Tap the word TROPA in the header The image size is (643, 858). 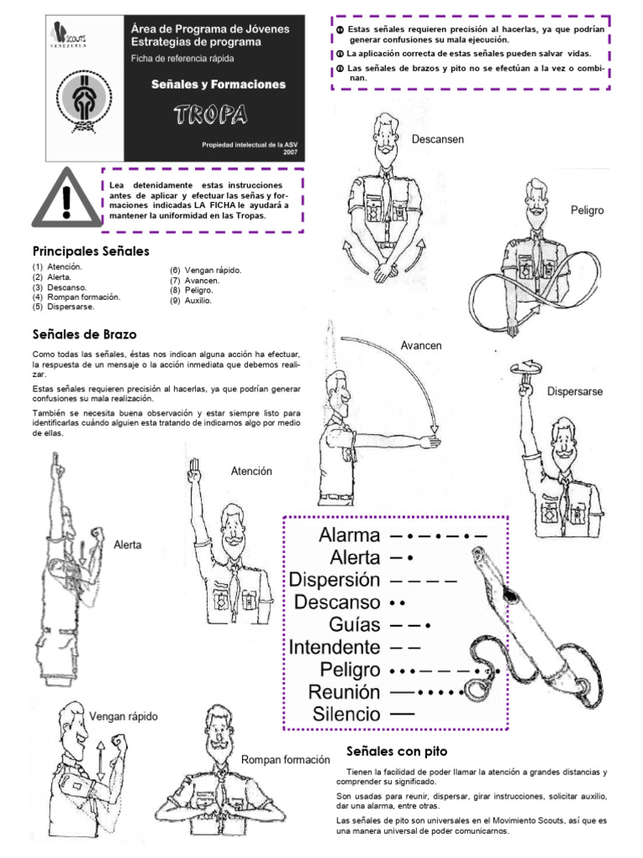pos(210,114)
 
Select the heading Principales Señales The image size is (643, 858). pos(90,251)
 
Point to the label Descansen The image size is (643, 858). pos(438,139)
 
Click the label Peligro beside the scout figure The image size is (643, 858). pos(587,209)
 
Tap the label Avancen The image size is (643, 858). pos(420,345)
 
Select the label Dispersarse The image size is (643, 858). pos(574,391)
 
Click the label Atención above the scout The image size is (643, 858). pos(251,472)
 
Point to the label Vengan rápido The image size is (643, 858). pos(124,716)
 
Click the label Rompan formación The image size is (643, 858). pos(285,760)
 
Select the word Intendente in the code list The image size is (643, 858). pos(334,647)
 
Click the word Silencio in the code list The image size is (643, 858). pos(346,715)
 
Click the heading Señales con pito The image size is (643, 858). pos(397,751)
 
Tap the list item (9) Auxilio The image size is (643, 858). pos(191,301)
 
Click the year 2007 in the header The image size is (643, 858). pos(289,153)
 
